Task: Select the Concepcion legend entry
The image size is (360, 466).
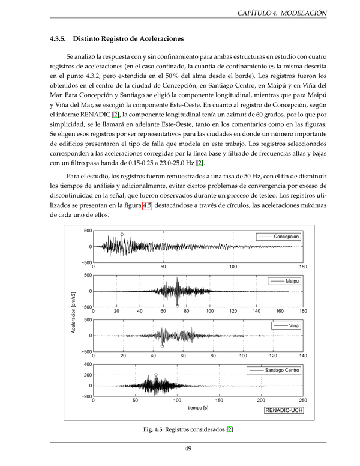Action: [x=286, y=237]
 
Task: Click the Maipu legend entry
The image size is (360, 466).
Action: [x=292, y=281]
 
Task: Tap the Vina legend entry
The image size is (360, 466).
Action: [x=293, y=325]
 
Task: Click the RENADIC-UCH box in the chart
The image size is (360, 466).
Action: [x=283, y=410]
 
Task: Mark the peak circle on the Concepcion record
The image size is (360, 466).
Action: [x=122, y=235]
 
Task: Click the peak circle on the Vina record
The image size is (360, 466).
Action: [x=162, y=346]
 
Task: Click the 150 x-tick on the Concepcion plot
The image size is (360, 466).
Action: [x=303, y=267]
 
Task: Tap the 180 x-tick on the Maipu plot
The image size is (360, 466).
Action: [x=303, y=311]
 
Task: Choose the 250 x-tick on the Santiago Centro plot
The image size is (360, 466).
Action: [x=303, y=400]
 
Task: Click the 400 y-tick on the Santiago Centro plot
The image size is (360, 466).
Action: [x=88, y=364]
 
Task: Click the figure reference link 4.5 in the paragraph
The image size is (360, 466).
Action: [x=147, y=206]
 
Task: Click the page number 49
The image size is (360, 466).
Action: [x=188, y=448]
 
